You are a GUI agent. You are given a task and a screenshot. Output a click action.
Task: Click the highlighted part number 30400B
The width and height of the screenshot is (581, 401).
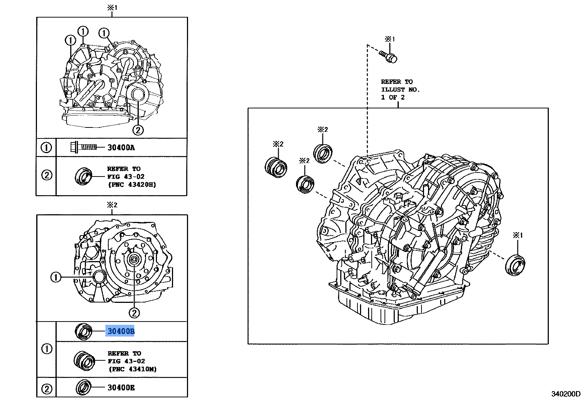[x=120, y=331]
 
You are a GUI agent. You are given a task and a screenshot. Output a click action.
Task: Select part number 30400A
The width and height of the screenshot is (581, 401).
[x=121, y=148]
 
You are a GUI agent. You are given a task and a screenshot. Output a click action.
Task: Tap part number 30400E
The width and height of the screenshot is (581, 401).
[x=121, y=387]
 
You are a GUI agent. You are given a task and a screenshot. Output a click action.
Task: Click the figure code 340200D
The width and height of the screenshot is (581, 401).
[x=566, y=394]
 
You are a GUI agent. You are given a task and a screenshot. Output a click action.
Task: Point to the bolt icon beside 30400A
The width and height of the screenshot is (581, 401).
[x=83, y=147]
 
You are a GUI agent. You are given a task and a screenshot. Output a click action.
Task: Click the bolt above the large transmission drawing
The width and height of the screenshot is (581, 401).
[x=389, y=56]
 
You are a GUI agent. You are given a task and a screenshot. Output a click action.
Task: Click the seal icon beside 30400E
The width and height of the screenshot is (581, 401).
[x=84, y=387]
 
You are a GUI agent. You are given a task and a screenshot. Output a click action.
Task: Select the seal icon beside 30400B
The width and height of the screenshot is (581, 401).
[x=84, y=331]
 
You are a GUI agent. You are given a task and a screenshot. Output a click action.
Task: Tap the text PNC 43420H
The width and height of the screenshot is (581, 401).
[x=132, y=185]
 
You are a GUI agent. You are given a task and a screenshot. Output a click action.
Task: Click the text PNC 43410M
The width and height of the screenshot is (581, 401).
[x=132, y=369]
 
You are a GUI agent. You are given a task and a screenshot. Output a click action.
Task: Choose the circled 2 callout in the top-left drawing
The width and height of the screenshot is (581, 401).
[x=138, y=130]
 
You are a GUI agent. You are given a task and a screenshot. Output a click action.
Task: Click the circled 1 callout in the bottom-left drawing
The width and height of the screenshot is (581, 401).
[x=56, y=277]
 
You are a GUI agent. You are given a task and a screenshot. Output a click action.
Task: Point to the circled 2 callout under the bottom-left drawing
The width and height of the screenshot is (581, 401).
[x=134, y=313]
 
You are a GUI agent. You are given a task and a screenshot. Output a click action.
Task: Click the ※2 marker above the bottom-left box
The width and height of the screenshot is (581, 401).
[x=112, y=205]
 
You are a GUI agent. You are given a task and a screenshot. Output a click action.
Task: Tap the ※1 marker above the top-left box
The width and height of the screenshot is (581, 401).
[x=112, y=8]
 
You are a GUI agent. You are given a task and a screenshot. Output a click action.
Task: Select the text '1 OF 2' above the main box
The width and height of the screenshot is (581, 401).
[x=393, y=97]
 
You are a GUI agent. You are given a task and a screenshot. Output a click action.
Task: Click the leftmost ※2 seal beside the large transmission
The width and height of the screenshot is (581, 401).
[x=276, y=167]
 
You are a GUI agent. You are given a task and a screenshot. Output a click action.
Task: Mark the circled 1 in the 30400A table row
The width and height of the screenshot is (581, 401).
[x=46, y=148]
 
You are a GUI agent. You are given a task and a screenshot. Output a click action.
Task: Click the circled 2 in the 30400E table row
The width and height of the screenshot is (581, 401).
[x=47, y=389]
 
